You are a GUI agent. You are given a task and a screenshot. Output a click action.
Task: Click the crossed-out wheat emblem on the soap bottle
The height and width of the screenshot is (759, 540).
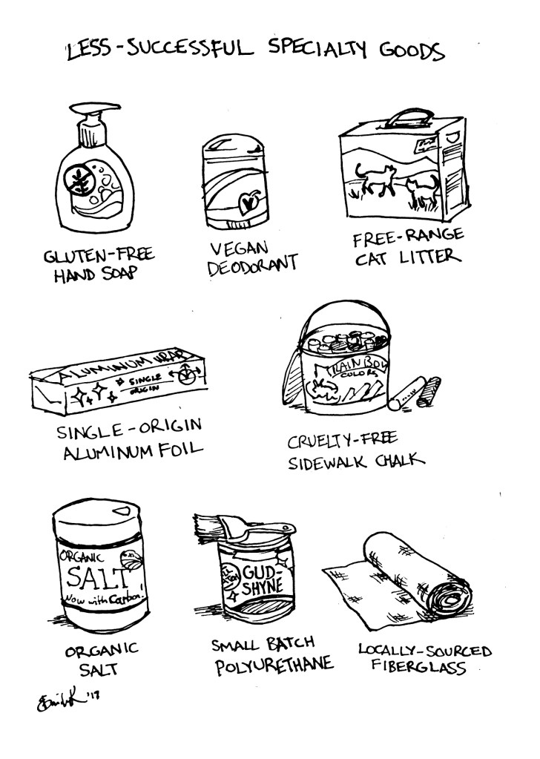coord(77,180)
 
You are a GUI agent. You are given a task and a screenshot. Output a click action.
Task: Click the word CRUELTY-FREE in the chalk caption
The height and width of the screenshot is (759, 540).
coord(335,443)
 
